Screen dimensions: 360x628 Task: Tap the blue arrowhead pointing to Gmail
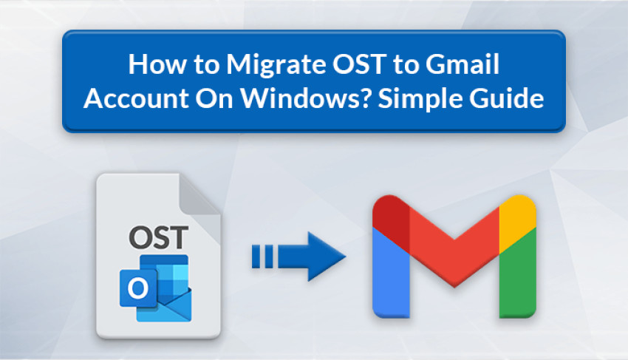click(x=326, y=257)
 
